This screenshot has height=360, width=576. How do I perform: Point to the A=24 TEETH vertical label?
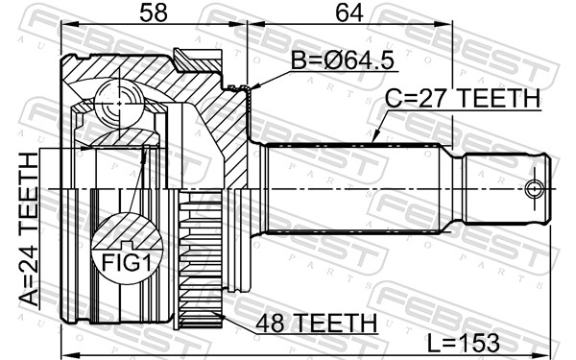pos(29,230)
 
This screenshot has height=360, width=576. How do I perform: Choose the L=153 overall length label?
pos(475,343)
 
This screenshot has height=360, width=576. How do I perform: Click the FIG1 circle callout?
pos(122,258)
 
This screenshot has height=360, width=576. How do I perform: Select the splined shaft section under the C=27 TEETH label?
pos(350,187)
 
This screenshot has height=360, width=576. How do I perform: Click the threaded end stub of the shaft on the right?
pos(509,186)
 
